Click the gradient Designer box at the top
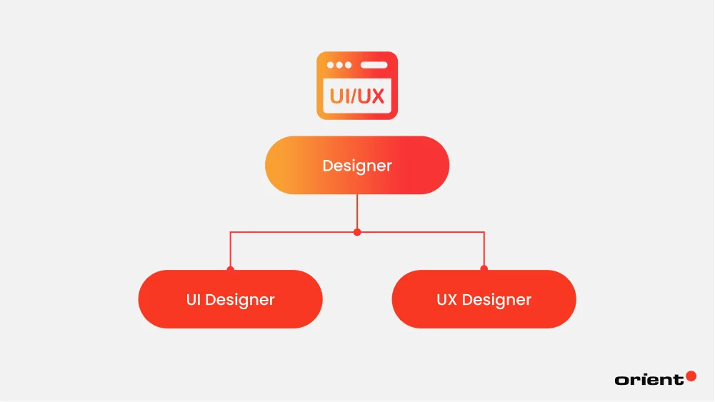click(x=357, y=165)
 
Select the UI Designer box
click(x=230, y=299)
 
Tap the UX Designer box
click(x=484, y=299)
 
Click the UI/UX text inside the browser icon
click(x=357, y=96)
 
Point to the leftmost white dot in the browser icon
click(x=330, y=65)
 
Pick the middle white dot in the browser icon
click(x=339, y=65)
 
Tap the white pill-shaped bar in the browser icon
click(x=374, y=65)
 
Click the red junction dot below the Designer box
click(x=357, y=232)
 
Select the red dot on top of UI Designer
click(x=230, y=269)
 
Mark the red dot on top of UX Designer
click(x=484, y=269)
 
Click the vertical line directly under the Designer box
click(x=357, y=212)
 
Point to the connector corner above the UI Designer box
click(x=230, y=232)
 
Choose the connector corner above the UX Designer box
click(x=484, y=232)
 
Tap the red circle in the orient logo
click(x=691, y=376)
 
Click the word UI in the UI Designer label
click(x=194, y=299)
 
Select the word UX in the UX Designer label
click(x=446, y=299)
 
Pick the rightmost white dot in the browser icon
click(x=348, y=65)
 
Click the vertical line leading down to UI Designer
click(x=230, y=250)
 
